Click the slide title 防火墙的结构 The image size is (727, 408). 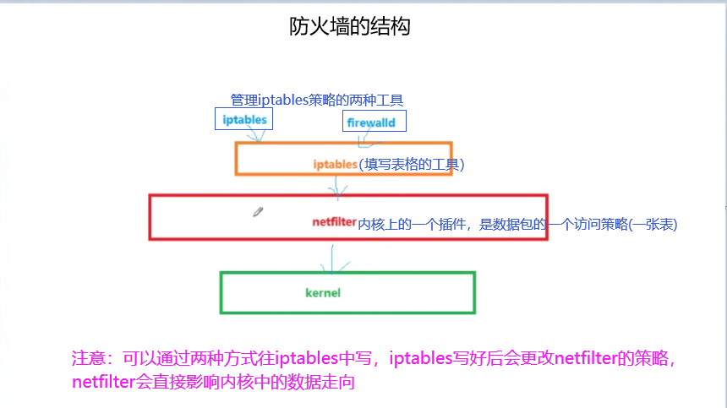click(x=349, y=28)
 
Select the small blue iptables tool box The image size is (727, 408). click(x=244, y=120)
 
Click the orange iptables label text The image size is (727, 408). click(x=336, y=164)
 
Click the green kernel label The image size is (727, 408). click(x=322, y=292)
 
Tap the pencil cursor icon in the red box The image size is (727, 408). click(x=258, y=212)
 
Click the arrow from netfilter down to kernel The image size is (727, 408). click(x=335, y=258)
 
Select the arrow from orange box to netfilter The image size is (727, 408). click(x=338, y=186)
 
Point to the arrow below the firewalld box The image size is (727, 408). click(x=363, y=139)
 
